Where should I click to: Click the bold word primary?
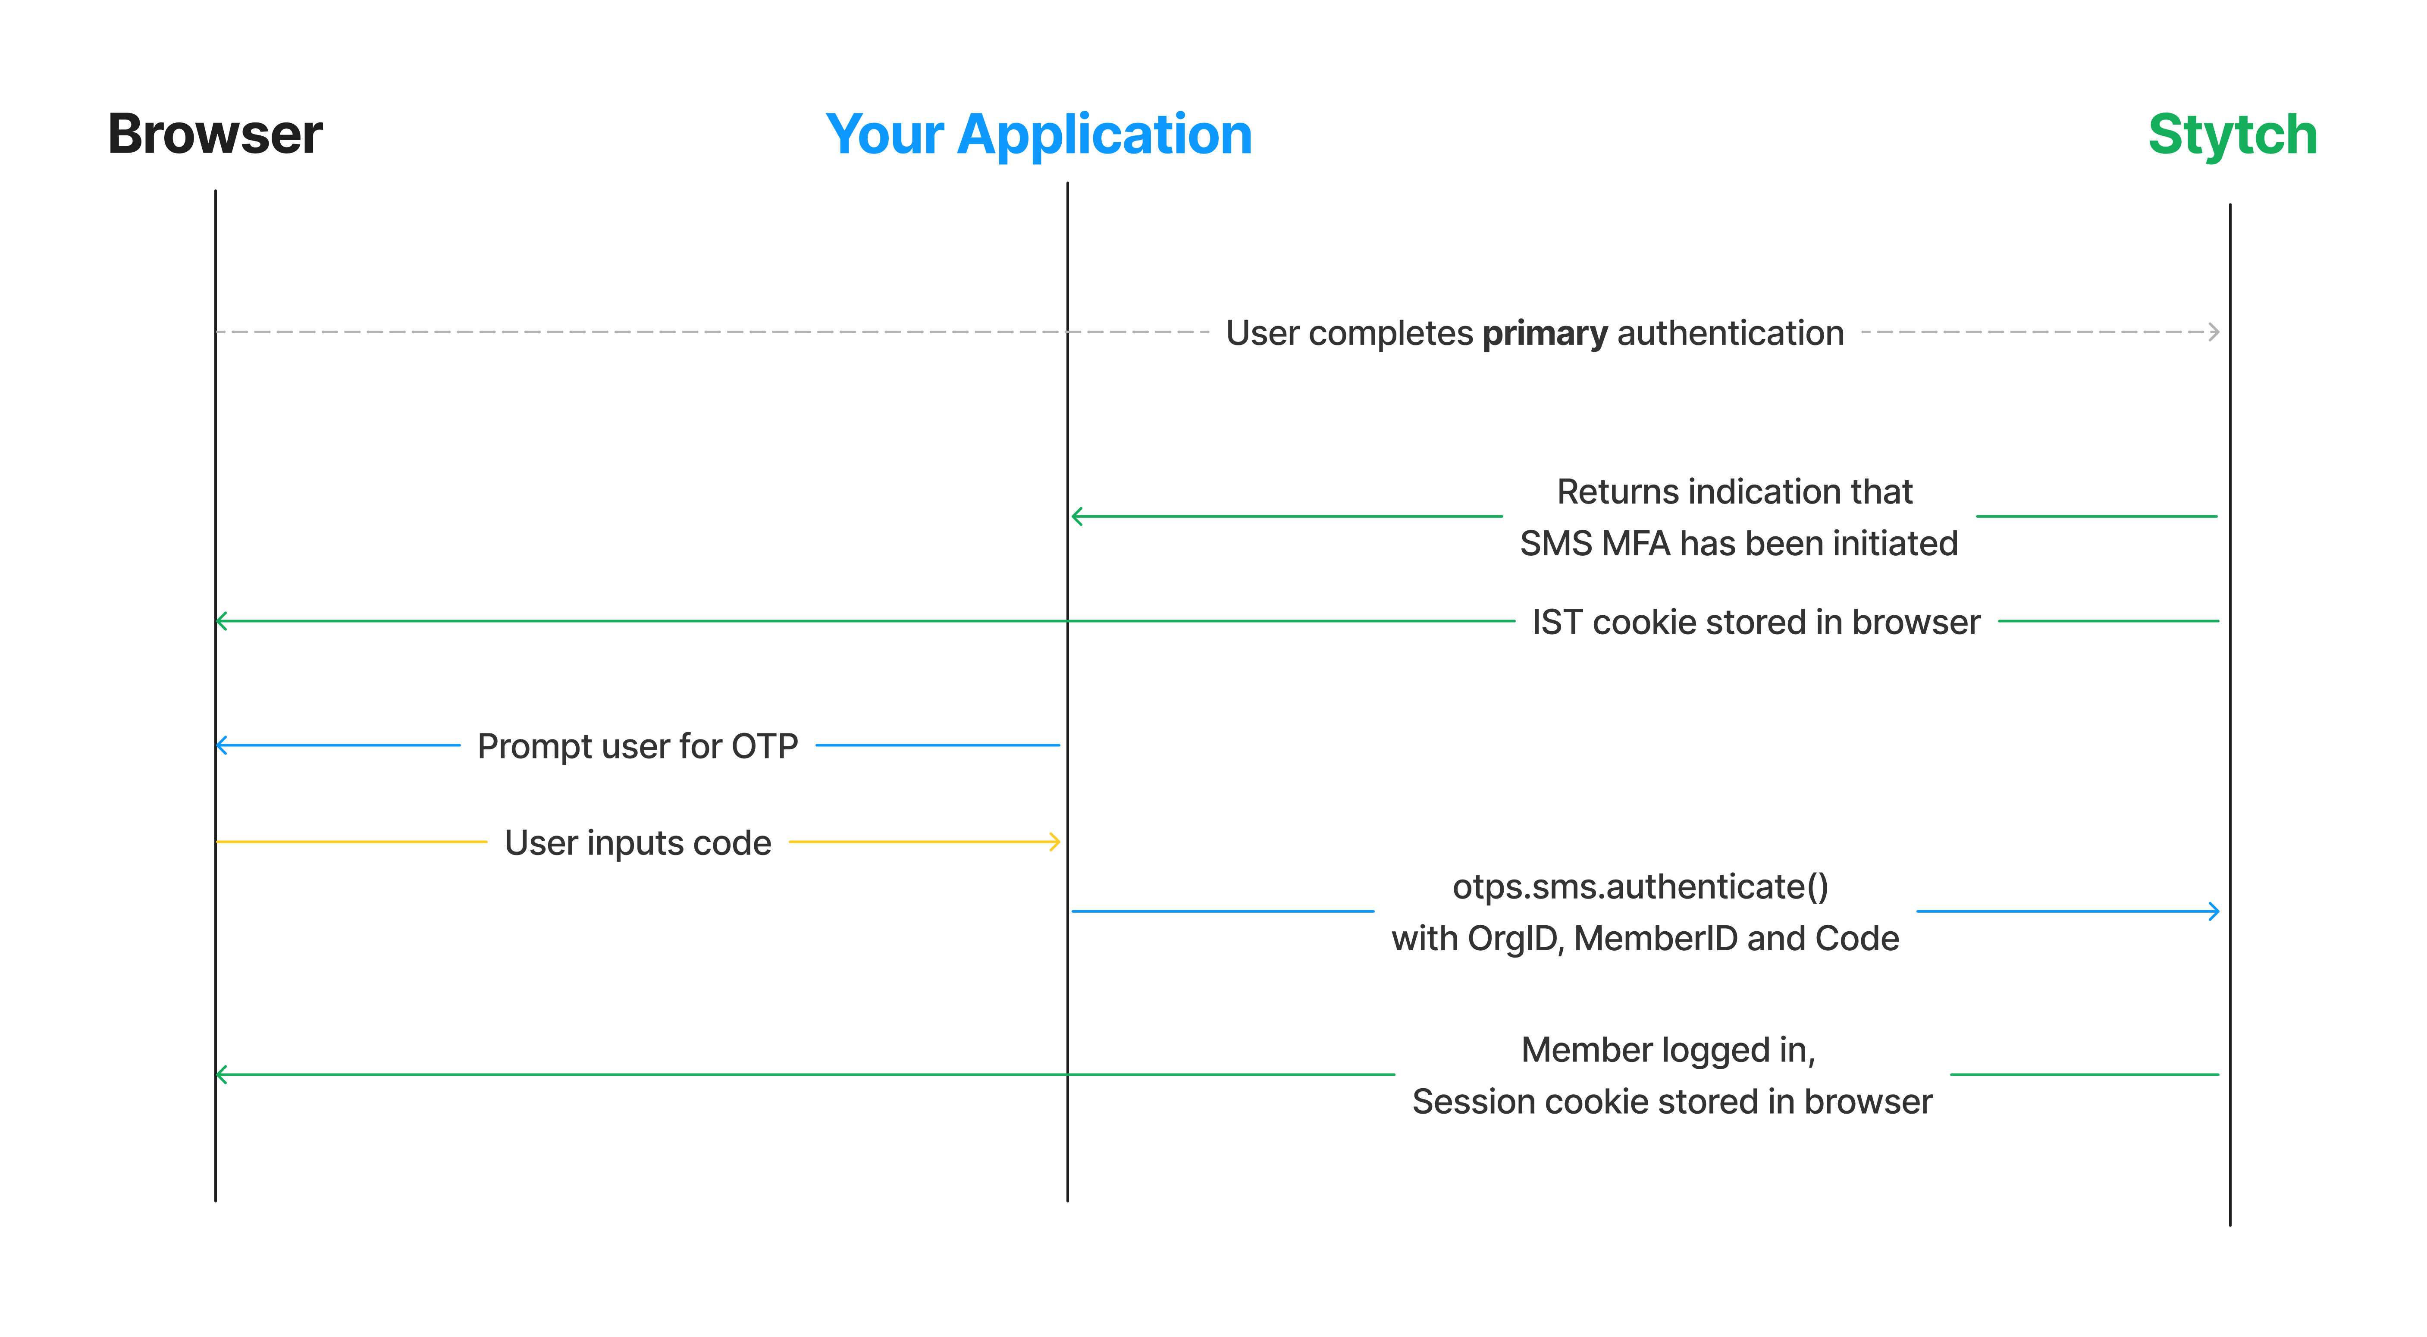(1545, 334)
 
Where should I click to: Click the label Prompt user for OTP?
(638, 746)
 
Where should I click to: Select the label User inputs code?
(638, 842)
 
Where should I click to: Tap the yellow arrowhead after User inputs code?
(1055, 842)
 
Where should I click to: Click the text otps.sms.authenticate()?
(1640, 886)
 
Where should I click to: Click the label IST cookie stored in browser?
(1756, 622)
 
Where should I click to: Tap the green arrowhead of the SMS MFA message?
(1078, 517)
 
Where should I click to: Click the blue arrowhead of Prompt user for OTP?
(223, 745)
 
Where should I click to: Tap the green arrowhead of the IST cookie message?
(223, 621)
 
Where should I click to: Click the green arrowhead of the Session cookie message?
(223, 1074)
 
